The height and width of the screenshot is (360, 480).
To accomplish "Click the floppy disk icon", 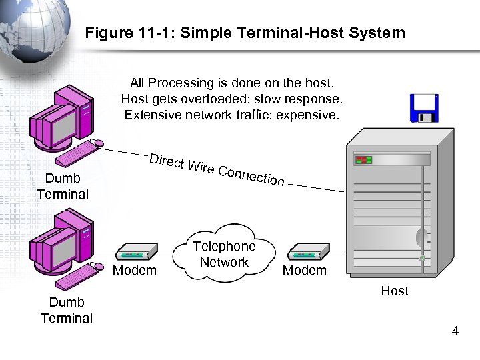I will [424, 109].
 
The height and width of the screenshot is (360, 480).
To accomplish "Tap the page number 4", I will [455, 331].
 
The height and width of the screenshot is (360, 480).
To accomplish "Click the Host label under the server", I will [395, 291].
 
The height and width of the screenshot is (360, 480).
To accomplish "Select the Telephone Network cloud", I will [224, 253].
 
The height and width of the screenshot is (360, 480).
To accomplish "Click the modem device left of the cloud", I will [137, 252].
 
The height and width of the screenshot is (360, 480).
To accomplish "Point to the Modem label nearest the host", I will [305, 270].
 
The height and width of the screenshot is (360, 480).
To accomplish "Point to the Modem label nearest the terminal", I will [135, 270].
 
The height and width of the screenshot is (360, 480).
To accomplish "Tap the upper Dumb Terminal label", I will [63, 186].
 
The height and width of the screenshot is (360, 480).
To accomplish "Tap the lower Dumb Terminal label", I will [67, 310].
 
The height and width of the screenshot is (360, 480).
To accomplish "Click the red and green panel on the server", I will [363, 161].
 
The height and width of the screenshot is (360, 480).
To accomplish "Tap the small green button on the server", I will [422, 257].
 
